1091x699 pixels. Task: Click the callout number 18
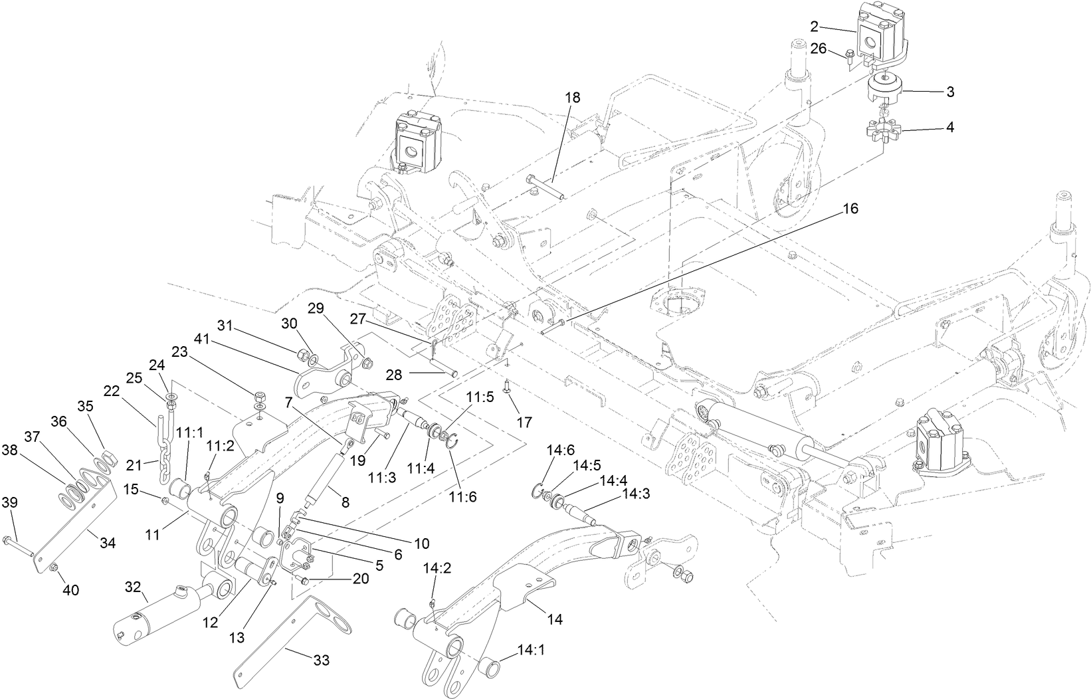pos(572,98)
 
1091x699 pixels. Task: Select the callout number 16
pos(850,209)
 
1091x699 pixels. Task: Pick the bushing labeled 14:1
pos(490,664)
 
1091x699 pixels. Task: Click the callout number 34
pos(107,543)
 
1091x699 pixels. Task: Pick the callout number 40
pos(70,589)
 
